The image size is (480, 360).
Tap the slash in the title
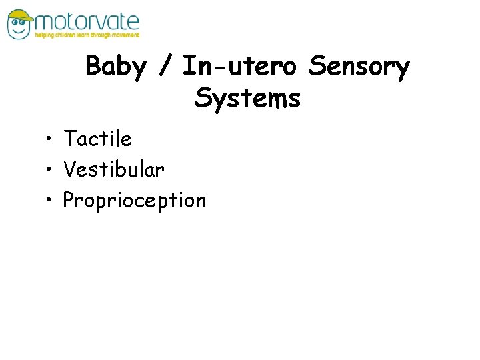(x=167, y=67)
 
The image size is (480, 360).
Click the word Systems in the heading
(x=247, y=99)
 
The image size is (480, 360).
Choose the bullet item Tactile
(x=97, y=139)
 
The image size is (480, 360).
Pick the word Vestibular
(x=113, y=170)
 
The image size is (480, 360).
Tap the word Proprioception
(x=135, y=201)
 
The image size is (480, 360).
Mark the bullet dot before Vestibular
(x=50, y=171)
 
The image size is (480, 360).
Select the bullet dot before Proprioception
(x=50, y=201)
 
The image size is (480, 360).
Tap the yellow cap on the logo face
(x=20, y=15)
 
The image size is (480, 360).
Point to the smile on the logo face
(x=21, y=31)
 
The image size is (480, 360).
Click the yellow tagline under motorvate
(x=87, y=35)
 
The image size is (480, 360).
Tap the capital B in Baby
(x=94, y=67)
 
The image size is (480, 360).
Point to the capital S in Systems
(x=203, y=99)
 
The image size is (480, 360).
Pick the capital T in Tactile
(x=69, y=139)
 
